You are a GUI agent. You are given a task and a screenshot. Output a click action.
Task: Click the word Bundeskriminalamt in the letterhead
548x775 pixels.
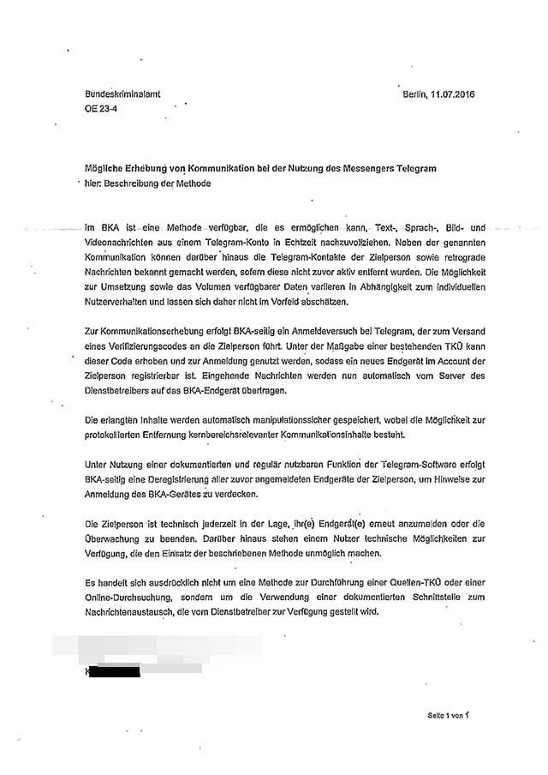pos(122,96)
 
